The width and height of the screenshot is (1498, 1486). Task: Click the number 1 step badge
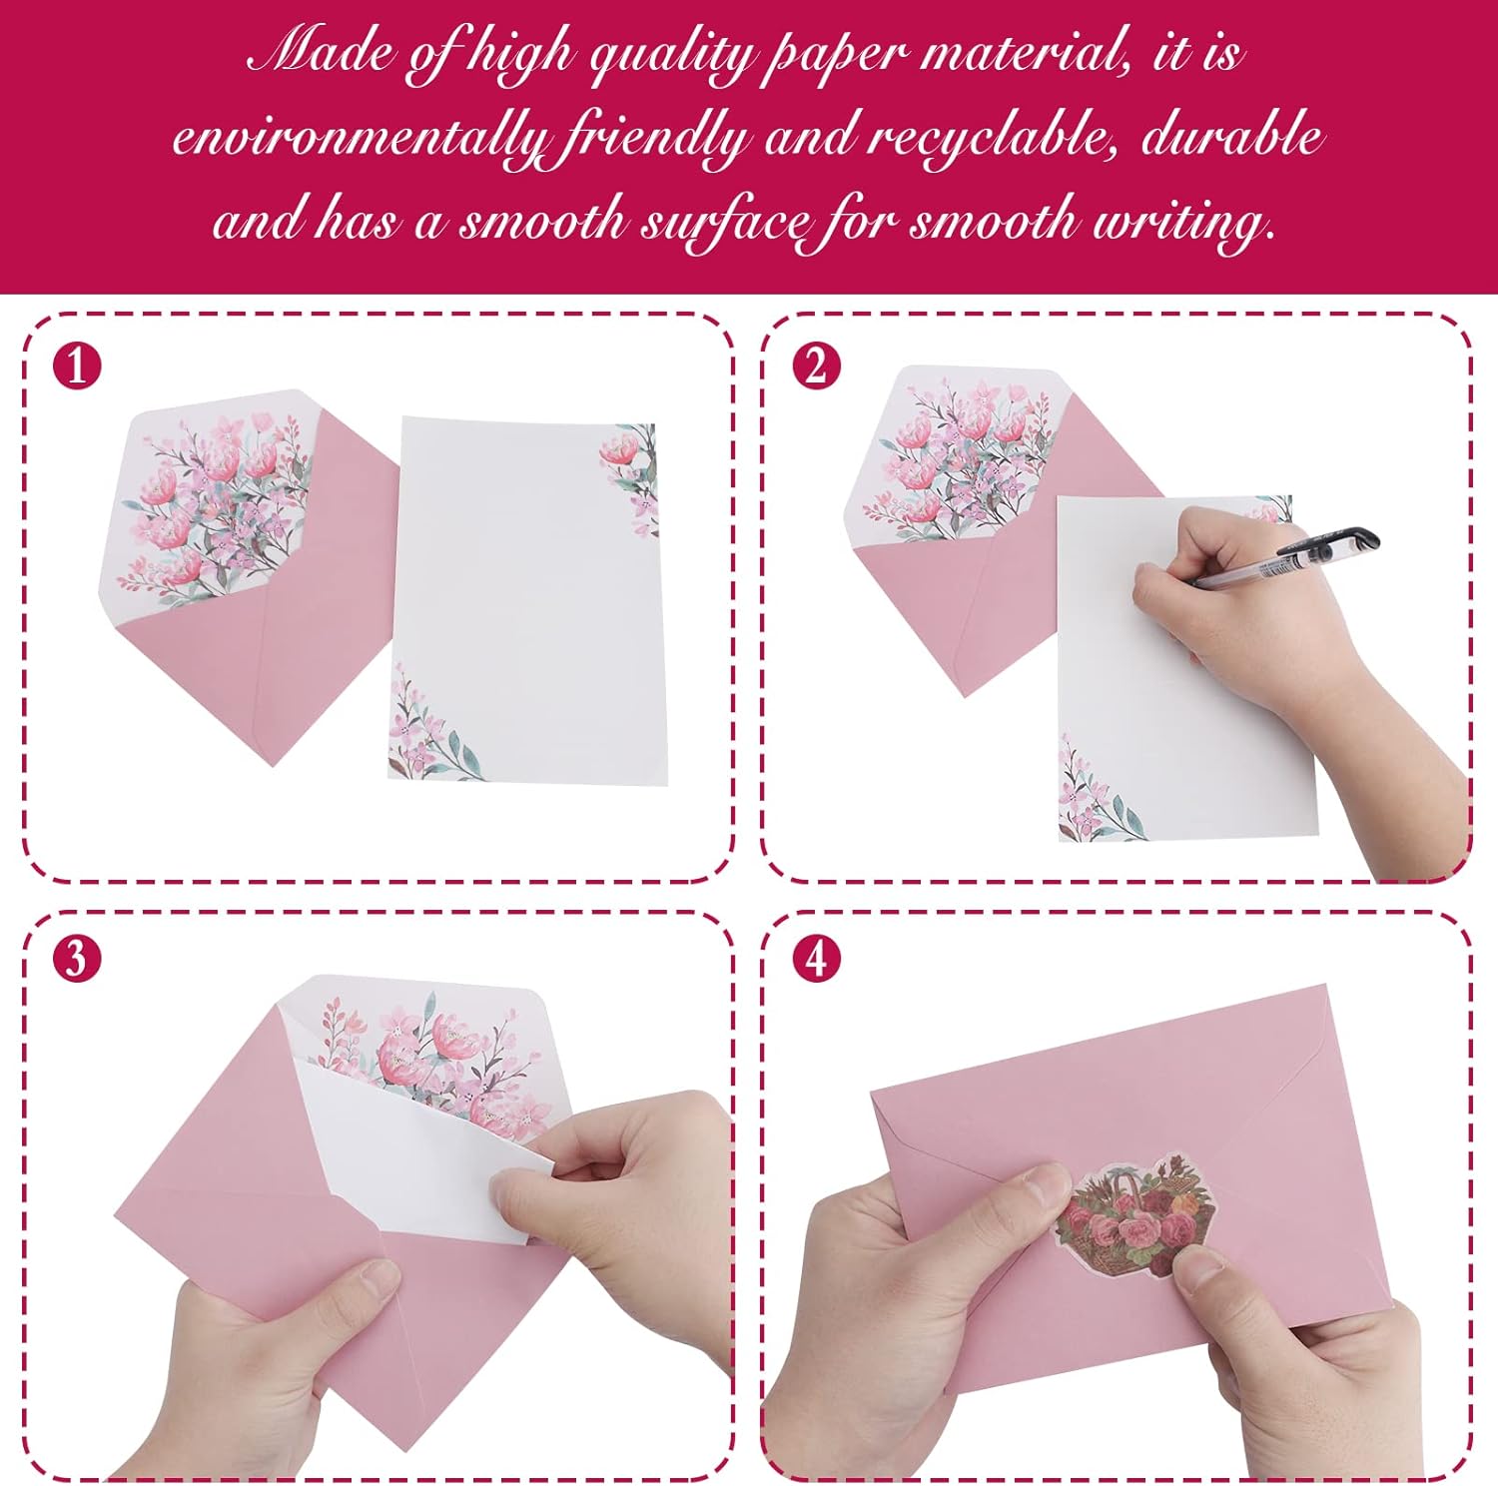coord(77,366)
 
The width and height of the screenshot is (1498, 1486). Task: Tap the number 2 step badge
coord(816,366)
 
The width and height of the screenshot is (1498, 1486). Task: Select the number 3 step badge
coord(77,959)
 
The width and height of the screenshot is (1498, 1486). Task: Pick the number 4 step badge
coord(816,959)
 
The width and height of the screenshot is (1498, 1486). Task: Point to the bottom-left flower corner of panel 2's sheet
coord(1094,795)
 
